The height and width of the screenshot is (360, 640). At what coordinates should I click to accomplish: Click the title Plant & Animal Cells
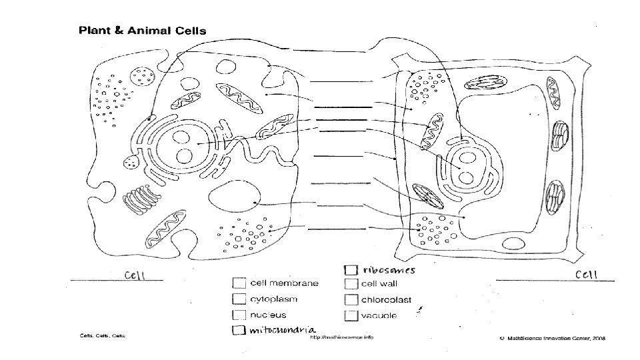point(143,30)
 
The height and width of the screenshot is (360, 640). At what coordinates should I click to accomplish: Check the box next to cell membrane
point(238,283)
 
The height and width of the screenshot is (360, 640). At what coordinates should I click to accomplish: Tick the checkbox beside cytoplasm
point(238,299)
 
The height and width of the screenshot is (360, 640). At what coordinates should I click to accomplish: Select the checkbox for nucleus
point(238,315)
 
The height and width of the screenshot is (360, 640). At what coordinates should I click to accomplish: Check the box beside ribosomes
point(350,270)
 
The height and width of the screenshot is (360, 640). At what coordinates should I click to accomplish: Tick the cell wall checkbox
point(350,283)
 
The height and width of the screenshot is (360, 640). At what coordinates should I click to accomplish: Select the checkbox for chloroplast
point(350,299)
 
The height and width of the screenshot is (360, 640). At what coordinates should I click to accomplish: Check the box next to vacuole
point(350,315)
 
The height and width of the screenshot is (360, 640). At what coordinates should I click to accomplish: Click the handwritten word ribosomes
point(389,270)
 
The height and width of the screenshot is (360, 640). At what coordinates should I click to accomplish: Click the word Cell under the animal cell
point(134,275)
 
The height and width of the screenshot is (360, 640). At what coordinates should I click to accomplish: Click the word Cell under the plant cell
point(587,274)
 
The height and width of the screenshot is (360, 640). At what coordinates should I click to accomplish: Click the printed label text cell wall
point(379,283)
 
